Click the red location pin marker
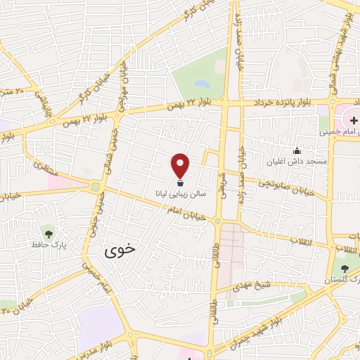pyautogui.click(x=181, y=165)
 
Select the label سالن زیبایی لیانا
pyautogui.click(x=181, y=192)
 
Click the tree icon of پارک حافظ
pyautogui.click(x=48, y=233)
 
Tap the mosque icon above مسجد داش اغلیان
pyautogui.click(x=297, y=151)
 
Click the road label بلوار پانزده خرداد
pyautogui.click(x=278, y=102)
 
